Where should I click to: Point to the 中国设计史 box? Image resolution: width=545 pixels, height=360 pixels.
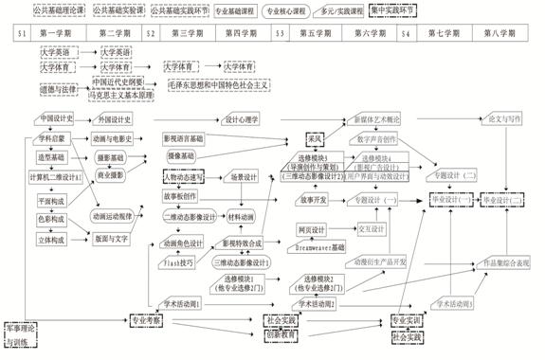point(59,119)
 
